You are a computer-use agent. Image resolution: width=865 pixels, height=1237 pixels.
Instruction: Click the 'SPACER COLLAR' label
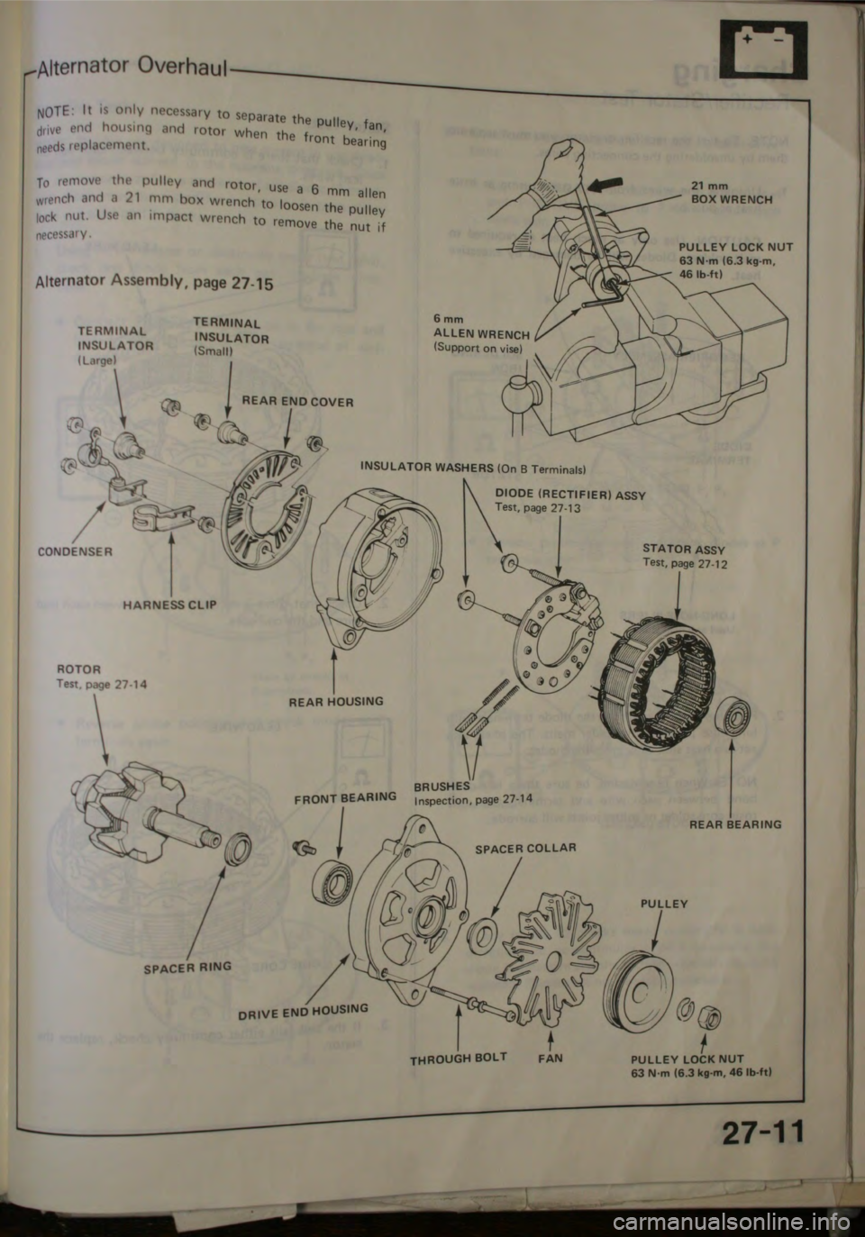click(525, 847)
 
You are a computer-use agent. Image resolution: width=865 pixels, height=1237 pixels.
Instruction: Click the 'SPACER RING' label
click(188, 965)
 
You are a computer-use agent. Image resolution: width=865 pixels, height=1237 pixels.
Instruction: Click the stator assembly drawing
click(662, 676)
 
